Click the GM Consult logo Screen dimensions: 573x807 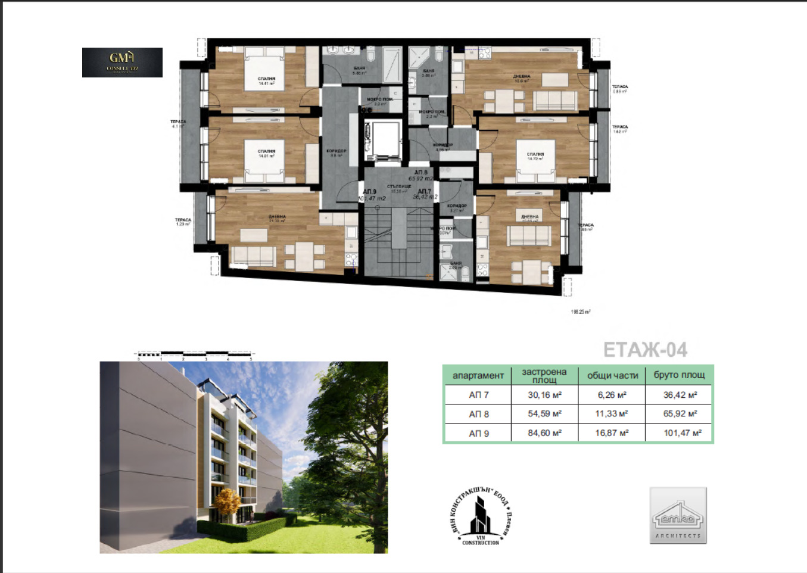pyautogui.click(x=122, y=63)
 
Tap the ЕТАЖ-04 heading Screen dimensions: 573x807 pyautogui.click(x=645, y=350)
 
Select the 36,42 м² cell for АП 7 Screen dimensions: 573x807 pyautogui.click(x=680, y=395)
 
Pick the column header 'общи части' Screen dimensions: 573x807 pyautogui.click(x=612, y=375)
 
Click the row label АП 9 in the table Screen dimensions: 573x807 pyautogui.click(x=478, y=433)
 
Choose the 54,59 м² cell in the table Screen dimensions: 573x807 pyautogui.click(x=544, y=413)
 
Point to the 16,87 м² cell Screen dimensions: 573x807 pyautogui.click(x=612, y=433)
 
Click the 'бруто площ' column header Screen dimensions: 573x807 pyautogui.click(x=679, y=375)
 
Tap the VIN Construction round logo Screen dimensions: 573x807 pyautogui.click(x=480, y=516)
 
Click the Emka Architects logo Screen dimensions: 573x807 pyautogui.click(x=678, y=515)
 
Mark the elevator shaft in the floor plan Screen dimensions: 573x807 pyautogui.click(x=383, y=141)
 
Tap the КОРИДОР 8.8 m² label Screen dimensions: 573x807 pyautogui.click(x=336, y=152)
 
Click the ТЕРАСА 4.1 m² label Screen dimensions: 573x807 pyautogui.click(x=178, y=123)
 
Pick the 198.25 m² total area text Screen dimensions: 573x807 pyautogui.click(x=580, y=312)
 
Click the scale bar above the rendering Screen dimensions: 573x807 pyautogui.click(x=195, y=354)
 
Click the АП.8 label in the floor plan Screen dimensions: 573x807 pyautogui.click(x=420, y=172)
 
